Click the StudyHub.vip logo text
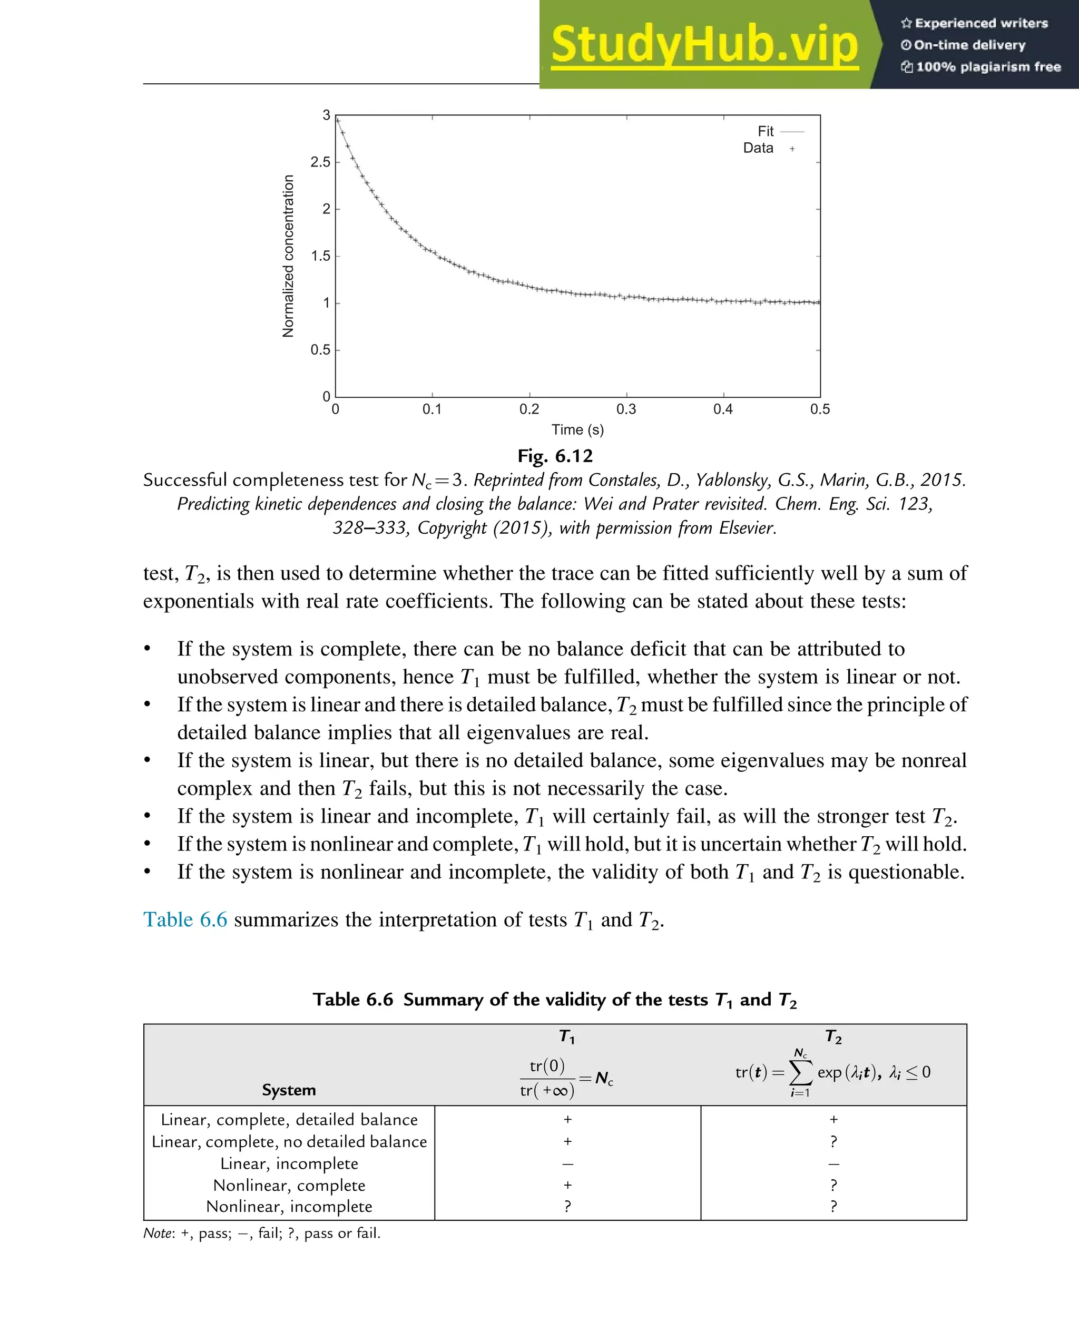pos(704,45)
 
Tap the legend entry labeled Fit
pos(765,131)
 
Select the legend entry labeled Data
pos(758,148)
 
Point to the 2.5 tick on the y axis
pos(321,162)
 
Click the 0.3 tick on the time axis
pos(626,409)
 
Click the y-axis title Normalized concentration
pos(288,256)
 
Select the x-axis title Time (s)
pos(577,429)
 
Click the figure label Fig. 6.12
pos(555,456)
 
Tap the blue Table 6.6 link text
pos(185,919)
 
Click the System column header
pos(289,1090)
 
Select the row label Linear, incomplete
pos(289,1163)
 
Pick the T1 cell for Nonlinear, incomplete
pos(567,1206)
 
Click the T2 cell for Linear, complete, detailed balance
pos(833,1119)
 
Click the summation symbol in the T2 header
pos(800,1072)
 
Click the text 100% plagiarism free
pos(988,66)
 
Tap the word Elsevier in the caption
pos(747,528)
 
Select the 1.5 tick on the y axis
pos(321,256)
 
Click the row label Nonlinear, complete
pos(289,1185)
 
